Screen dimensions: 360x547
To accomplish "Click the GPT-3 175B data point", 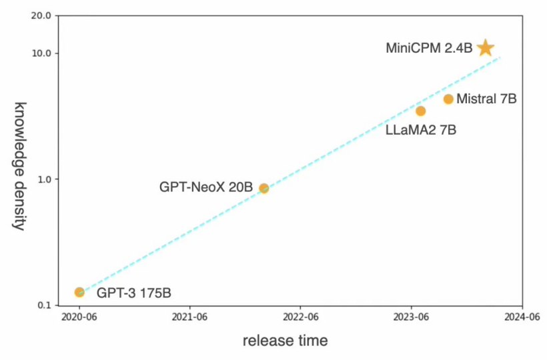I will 79,292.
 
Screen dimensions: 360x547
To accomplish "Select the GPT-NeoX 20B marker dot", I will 263,188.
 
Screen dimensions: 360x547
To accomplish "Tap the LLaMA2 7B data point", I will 420,111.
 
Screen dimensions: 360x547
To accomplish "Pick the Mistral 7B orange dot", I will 448,99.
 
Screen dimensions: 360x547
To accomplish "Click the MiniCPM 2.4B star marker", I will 486,47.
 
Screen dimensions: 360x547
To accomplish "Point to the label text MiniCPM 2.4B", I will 429,48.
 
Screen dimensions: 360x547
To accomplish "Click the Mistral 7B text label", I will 487,99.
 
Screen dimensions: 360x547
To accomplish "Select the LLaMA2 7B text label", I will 421,130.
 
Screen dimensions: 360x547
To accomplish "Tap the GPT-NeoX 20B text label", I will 205,187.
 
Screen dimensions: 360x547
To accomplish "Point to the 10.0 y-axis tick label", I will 41,53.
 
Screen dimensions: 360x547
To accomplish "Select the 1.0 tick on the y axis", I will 44,179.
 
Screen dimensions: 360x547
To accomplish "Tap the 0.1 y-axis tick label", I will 44,305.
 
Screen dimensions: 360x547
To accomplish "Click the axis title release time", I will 285,341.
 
